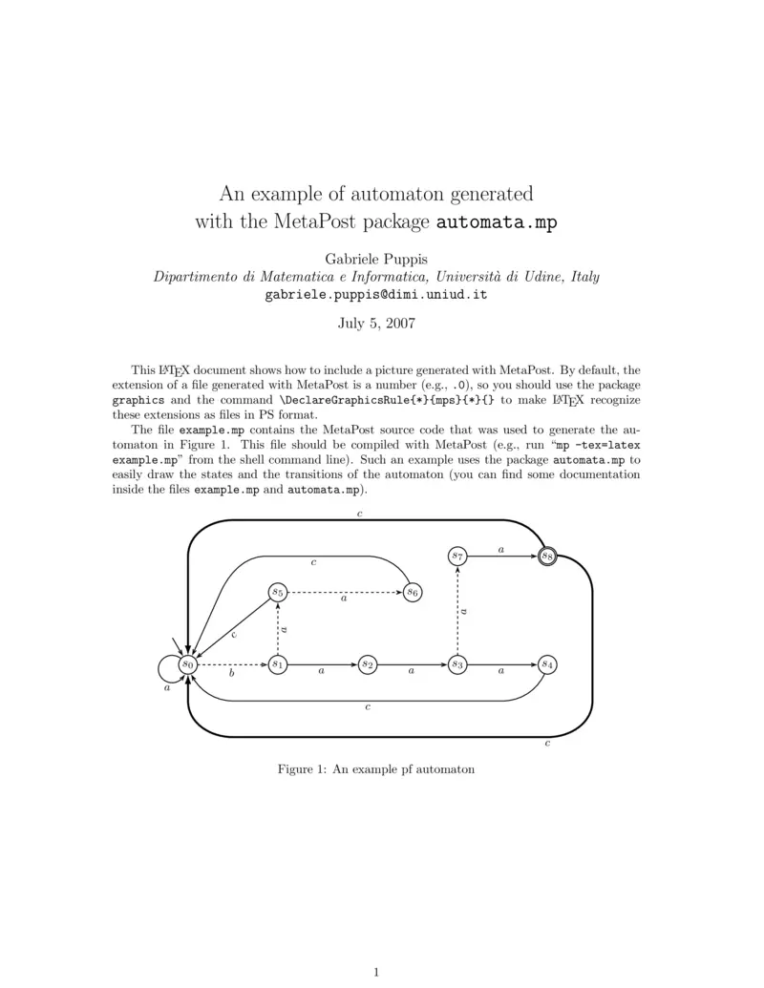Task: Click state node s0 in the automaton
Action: [189, 663]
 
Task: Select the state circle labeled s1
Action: [277, 663]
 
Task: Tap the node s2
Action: [368, 663]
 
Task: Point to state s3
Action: [457, 663]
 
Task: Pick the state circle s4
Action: [546, 663]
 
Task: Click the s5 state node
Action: [277, 592]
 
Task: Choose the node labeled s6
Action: [412, 592]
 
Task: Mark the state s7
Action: [457, 556]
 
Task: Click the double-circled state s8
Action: [546, 556]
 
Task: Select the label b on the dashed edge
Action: [231, 673]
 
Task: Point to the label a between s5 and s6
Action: [344, 599]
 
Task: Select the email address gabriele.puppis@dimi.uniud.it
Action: [376, 295]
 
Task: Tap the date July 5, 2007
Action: [376, 324]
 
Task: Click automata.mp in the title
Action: [496, 223]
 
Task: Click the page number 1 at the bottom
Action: [376, 972]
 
